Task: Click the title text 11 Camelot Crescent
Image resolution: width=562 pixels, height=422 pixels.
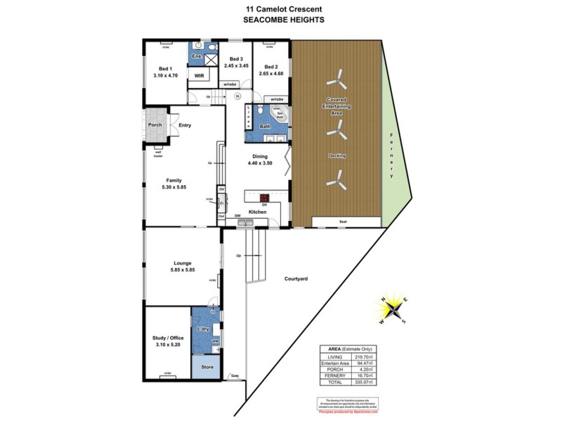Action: point(283,9)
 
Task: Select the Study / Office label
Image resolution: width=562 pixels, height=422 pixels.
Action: point(166,340)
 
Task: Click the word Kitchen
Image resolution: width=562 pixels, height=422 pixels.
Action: point(257,211)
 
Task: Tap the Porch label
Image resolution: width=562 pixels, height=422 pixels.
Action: point(155,125)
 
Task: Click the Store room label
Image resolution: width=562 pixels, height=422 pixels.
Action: point(207,366)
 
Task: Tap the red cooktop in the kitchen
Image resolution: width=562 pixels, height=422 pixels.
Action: point(265,198)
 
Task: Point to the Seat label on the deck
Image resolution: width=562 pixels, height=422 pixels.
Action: point(344,222)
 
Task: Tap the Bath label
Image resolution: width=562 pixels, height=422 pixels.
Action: point(265,126)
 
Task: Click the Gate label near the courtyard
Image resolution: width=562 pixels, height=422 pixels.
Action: point(234,376)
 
